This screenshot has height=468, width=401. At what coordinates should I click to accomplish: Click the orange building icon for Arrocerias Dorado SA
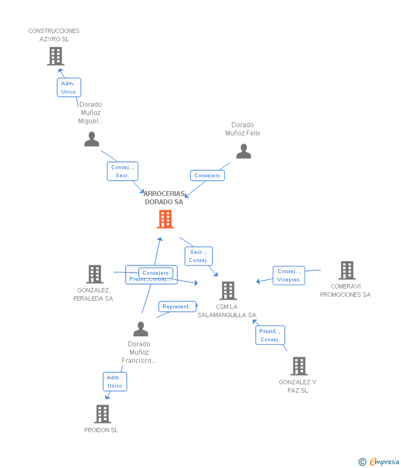165,219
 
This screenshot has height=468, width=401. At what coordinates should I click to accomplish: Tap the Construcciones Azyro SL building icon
55,56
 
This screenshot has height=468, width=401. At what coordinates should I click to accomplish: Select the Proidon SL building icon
102,414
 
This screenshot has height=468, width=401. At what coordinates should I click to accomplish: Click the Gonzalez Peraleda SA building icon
95,274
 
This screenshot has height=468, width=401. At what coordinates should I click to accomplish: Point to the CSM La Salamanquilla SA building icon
228,291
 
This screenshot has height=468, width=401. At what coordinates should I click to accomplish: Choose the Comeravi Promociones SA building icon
346,270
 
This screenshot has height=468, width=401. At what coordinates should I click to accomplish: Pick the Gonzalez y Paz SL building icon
299,366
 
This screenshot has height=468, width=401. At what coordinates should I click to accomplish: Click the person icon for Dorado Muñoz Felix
243,151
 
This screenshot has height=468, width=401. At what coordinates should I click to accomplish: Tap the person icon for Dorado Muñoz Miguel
91,139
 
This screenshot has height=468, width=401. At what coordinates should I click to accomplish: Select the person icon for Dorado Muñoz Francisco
140,329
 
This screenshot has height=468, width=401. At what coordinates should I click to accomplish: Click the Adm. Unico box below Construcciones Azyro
69,88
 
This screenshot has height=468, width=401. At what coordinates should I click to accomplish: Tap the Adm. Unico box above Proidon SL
115,382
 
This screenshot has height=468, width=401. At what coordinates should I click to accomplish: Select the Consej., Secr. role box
122,171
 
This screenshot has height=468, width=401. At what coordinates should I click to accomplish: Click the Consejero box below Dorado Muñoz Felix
207,176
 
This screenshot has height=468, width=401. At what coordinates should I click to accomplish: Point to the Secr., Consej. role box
198,256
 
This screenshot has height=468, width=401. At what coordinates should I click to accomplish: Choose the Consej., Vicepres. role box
289,275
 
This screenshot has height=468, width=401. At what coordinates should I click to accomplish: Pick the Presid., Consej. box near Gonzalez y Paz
270,335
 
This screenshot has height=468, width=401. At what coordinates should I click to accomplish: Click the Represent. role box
176,307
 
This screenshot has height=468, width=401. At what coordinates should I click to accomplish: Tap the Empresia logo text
384,462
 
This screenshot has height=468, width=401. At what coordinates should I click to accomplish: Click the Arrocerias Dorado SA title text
164,198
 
